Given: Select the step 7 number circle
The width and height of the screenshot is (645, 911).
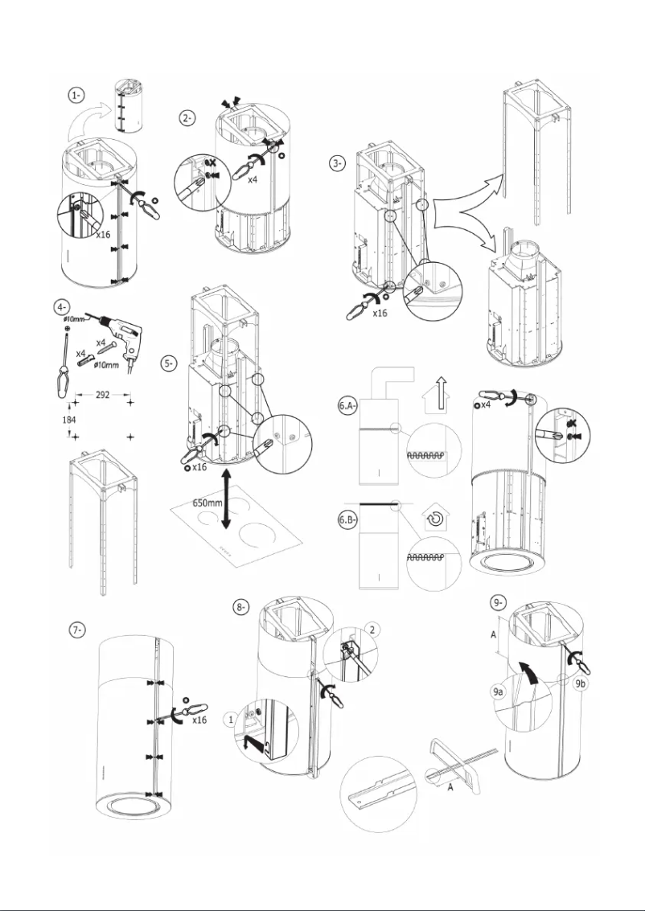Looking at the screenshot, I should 76,630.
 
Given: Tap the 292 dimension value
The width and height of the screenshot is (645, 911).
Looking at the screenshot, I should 101,396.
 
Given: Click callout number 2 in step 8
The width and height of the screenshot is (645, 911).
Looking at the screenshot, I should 372,627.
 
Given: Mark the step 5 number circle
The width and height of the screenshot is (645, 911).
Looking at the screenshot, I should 168,363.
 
